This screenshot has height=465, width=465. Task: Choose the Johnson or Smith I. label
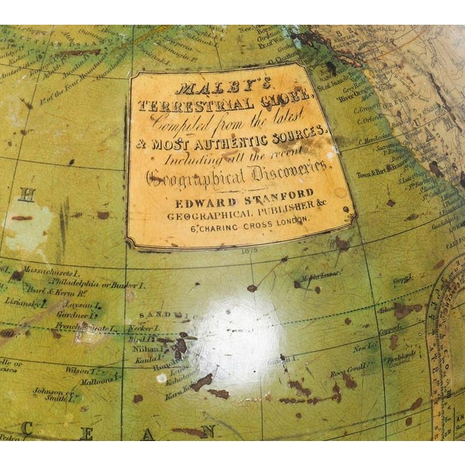[52, 394]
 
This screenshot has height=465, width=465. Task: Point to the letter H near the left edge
[27, 195]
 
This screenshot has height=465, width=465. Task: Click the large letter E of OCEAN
[86, 434]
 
